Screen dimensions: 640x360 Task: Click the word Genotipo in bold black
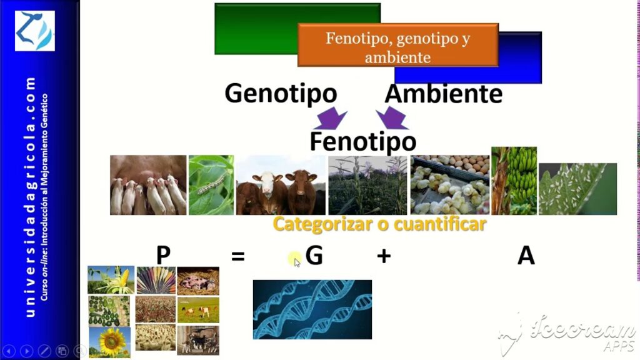(x=281, y=94)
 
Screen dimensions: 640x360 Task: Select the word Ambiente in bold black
(x=444, y=94)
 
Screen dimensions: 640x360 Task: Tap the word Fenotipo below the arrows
(x=363, y=141)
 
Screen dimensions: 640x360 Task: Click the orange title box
(x=398, y=45)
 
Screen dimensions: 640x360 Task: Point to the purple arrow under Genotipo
(x=331, y=119)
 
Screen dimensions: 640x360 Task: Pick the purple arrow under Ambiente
(x=392, y=118)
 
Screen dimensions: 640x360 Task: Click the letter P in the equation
(x=163, y=256)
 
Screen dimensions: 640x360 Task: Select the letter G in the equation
(x=314, y=256)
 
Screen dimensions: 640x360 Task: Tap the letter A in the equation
(x=526, y=256)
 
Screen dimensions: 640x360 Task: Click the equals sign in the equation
(x=238, y=256)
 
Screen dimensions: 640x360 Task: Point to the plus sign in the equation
(x=384, y=256)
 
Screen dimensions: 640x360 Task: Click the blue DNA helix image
(x=312, y=309)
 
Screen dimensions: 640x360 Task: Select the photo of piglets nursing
(x=148, y=185)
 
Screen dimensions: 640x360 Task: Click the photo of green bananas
(x=514, y=181)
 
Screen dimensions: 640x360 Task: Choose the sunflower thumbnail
(x=110, y=342)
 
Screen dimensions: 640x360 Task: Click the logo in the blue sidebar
(x=35, y=31)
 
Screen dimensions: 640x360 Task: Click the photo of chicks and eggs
(x=450, y=185)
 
